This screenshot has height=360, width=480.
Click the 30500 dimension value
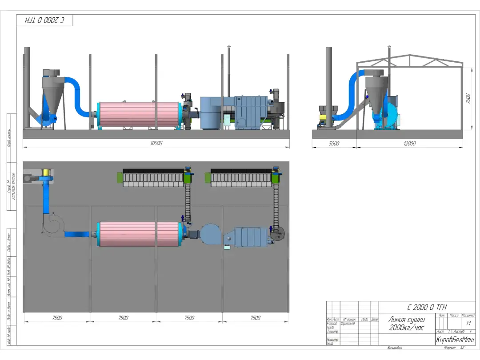coord(156,143)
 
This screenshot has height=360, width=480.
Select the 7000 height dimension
coord(468,98)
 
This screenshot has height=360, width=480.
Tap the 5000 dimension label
coord(334,144)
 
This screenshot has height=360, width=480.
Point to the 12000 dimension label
coord(409,144)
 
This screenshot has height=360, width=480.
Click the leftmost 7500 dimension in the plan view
coord(57,318)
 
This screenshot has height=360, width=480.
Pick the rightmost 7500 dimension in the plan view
coord(255,318)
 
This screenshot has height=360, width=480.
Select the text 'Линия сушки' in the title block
coord(406,320)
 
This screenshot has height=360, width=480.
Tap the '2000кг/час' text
coord(406,328)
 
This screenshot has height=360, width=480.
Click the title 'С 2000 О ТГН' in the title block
coord(427,307)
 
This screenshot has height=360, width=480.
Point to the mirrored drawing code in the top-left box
coord(44,20)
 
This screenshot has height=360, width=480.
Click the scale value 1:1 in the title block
coord(468,323)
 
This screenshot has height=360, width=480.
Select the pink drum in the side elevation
coord(138,114)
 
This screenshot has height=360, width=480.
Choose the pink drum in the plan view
coord(138,234)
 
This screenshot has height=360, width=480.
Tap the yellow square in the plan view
coord(45,172)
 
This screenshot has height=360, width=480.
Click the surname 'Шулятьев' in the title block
coord(348,324)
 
